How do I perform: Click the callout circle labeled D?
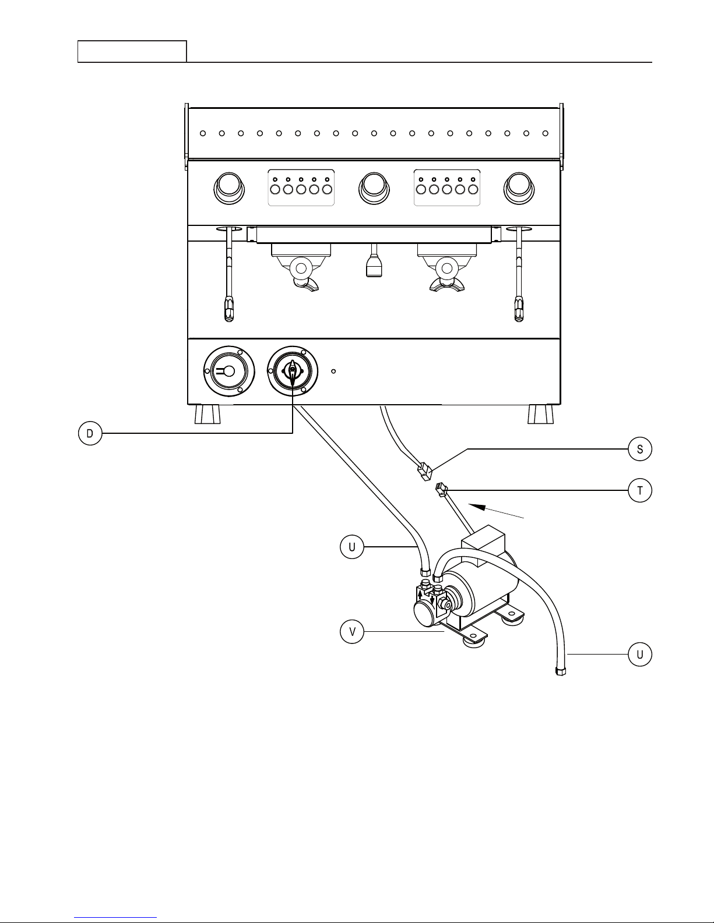(90, 433)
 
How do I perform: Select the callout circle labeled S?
(640, 449)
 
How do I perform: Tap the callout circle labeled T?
(640, 490)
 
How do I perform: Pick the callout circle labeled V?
(352, 632)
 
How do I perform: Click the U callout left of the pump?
(352, 547)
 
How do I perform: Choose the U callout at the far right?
(640, 655)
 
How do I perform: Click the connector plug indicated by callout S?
(424, 472)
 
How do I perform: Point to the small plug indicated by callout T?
(441, 490)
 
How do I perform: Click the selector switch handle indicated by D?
(293, 372)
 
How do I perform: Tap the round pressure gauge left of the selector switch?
(229, 372)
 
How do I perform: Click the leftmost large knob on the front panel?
(229, 188)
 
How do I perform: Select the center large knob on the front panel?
(374, 188)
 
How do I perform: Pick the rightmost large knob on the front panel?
(519, 188)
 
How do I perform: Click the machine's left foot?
(207, 414)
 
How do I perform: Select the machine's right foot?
(541, 414)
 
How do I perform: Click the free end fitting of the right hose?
(561, 671)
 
